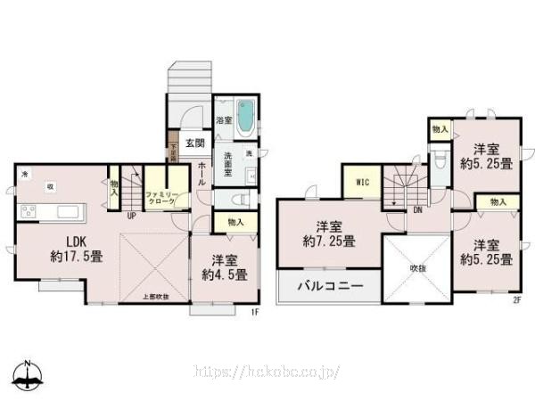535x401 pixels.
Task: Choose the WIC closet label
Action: tap(363, 183)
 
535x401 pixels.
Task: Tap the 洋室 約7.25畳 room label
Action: tap(330, 233)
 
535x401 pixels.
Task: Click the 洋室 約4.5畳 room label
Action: tap(223, 267)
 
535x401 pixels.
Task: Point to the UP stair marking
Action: tap(131, 216)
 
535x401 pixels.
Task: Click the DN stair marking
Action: tap(417, 210)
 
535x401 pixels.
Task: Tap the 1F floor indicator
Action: tap(254, 312)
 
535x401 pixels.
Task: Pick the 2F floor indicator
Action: tap(515, 299)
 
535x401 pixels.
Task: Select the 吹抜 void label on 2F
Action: tap(418, 266)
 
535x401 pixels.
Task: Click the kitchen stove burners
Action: tap(28, 212)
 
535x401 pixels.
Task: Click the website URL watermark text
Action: tap(267, 370)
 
